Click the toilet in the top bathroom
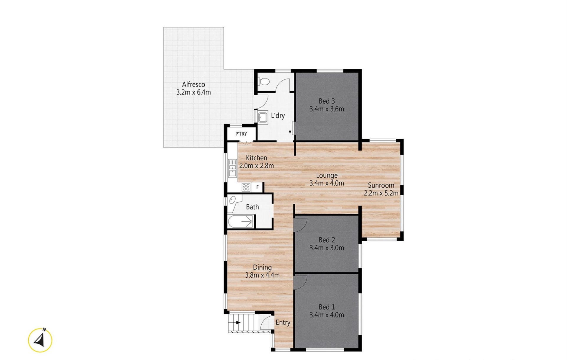263,81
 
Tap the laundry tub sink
263,117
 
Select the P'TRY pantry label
241,134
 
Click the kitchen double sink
233,168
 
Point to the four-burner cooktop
246,187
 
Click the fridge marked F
258,187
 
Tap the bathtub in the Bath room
241,221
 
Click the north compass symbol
40,340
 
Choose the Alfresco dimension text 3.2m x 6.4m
193,92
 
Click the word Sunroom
381,185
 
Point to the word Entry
283,323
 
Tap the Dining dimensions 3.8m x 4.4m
262,275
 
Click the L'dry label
278,115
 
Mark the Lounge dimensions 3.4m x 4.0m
327,183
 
